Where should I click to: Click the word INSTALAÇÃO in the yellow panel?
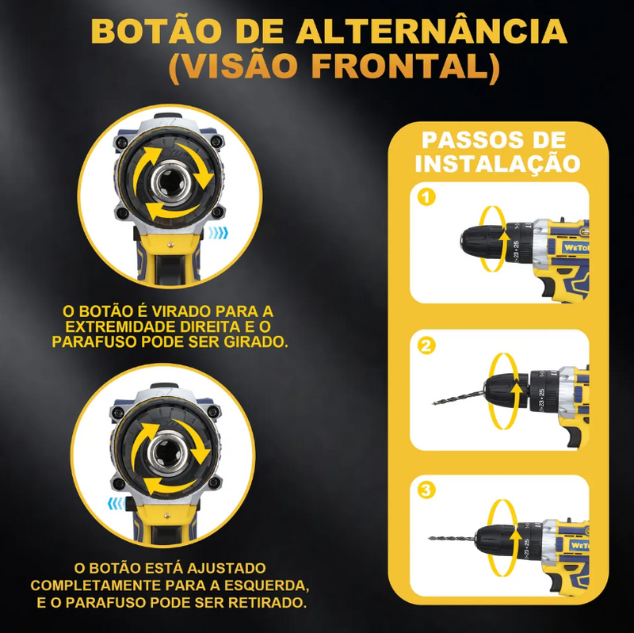[x=498, y=164]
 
